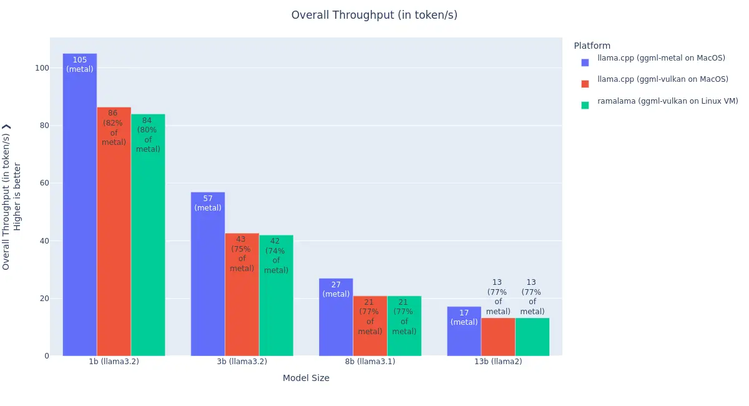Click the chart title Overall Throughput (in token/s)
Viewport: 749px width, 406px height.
[374, 15]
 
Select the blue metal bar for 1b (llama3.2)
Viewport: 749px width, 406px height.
[80, 206]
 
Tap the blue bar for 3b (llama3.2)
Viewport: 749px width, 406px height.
[208, 281]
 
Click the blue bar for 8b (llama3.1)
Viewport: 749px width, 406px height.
[336, 325]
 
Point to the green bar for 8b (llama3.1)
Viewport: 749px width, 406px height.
[404, 344]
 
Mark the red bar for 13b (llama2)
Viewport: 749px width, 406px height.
[497, 337]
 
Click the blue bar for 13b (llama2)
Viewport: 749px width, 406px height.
[464, 340]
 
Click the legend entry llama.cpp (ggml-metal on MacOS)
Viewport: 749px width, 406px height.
[661, 58]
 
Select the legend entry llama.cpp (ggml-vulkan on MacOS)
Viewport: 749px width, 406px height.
[662, 79]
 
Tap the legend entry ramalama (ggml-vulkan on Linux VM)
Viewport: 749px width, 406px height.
[667, 101]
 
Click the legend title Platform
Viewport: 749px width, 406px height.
[592, 46]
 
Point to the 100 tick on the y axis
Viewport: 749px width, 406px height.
[42, 68]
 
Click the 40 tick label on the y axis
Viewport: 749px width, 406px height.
[44, 241]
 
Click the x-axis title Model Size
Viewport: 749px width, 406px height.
[306, 378]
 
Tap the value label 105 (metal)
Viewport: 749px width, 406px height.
[80, 64]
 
